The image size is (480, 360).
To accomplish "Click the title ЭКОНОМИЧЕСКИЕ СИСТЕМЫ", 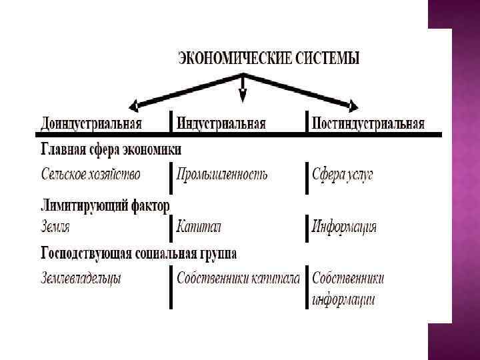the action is [268, 58].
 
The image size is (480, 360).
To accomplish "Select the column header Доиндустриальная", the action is [91, 124].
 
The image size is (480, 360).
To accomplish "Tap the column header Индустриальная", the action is [221, 124].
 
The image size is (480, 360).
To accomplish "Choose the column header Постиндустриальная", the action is [369, 124].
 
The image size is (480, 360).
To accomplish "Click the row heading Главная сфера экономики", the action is [111, 149].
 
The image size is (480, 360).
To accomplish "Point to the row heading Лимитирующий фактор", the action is [105, 205].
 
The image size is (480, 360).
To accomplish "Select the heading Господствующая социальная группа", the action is [139, 253].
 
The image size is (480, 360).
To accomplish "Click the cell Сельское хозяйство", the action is [91, 175].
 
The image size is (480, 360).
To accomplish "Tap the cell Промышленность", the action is [222, 175].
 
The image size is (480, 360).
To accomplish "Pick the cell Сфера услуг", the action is [343, 175].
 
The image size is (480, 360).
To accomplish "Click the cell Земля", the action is [55, 227].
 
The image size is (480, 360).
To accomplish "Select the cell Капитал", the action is [199, 227].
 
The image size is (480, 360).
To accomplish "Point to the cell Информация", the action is [344, 227].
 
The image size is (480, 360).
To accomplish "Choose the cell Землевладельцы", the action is [81, 278].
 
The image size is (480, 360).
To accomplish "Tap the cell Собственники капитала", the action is [238, 278].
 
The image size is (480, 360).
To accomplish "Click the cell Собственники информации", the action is [347, 288].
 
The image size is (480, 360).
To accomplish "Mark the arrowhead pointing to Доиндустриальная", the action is [134, 104].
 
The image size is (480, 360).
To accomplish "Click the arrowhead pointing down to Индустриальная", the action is [243, 95].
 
